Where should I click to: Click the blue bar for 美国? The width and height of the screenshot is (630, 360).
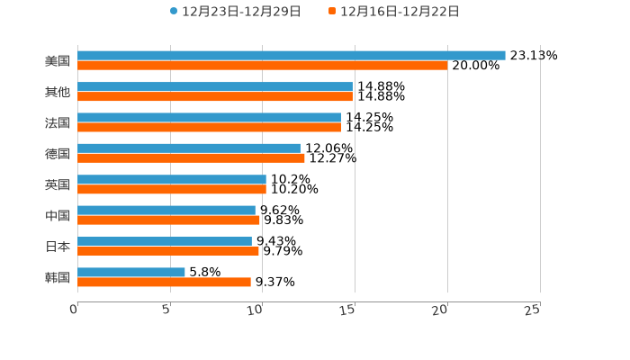coord(292,56)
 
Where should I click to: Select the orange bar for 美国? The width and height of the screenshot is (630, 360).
coord(263,66)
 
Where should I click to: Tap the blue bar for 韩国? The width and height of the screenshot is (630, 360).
coord(131,272)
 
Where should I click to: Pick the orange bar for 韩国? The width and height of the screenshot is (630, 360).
coord(164,283)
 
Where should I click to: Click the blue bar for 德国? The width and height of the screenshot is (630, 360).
coord(189,148)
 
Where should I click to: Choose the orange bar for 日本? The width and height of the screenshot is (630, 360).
coord(168,251)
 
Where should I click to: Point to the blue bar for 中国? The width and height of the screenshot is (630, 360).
coord(166,211)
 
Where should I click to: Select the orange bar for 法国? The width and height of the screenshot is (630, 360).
coord(209,127)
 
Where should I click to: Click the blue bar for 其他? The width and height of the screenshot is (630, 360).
coord(215,86)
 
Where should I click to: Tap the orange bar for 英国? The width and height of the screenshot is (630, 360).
coord(172,190)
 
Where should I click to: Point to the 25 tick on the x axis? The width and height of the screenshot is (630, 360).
coord(533,310)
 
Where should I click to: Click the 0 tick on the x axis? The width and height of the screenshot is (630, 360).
coord(74,310)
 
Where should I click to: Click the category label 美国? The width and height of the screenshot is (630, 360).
coord(58,61)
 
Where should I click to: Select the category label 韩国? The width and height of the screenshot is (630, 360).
coord(58,277)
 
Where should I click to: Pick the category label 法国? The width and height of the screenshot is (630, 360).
coord(58,122)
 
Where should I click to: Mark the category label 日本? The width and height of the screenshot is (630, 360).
coord(58,247)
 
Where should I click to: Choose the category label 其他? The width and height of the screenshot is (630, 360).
coord(58,92)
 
